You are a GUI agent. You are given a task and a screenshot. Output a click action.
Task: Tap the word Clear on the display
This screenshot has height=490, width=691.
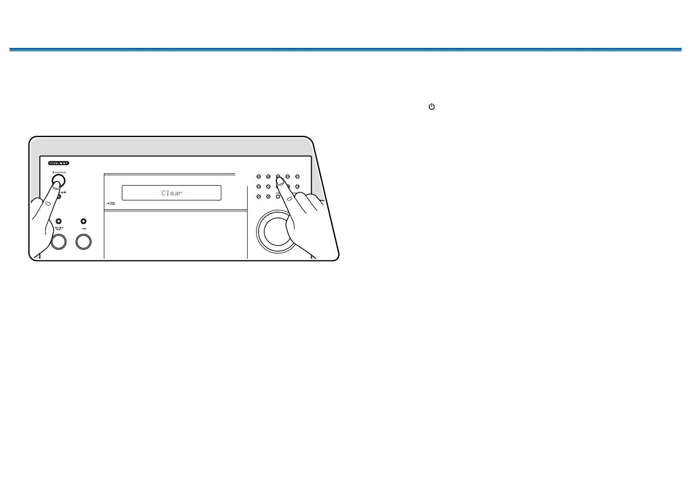click(172, 193)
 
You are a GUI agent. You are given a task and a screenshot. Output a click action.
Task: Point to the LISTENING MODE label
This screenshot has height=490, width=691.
click(58, 229)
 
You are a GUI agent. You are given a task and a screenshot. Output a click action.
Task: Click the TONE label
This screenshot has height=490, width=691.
click(83, 228)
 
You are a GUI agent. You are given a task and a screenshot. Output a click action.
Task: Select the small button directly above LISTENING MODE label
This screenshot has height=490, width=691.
click(58, 221)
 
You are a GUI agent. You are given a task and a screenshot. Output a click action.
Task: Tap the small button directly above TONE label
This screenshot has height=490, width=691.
click(83, 221)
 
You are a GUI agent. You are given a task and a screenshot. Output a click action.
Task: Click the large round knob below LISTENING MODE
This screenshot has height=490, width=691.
click(58, 242)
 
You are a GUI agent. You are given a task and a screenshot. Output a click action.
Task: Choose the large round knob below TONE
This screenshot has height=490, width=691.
click(83, 242)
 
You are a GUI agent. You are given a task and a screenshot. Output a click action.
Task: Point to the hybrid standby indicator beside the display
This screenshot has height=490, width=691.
click(109, 203)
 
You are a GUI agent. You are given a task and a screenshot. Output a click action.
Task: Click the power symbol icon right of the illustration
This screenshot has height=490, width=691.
click(432, 107)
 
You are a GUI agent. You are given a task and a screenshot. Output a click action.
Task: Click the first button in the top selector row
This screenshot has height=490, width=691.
click(259, 177)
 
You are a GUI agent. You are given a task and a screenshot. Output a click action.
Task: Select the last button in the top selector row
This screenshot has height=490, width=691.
click(297, 177)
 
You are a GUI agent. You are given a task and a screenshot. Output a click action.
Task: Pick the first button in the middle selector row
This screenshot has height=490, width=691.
click(259, 187)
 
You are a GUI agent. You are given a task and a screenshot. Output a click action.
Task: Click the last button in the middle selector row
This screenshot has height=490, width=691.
click(297, 187)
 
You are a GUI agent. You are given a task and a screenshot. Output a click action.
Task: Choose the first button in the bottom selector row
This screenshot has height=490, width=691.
click(259, 197)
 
